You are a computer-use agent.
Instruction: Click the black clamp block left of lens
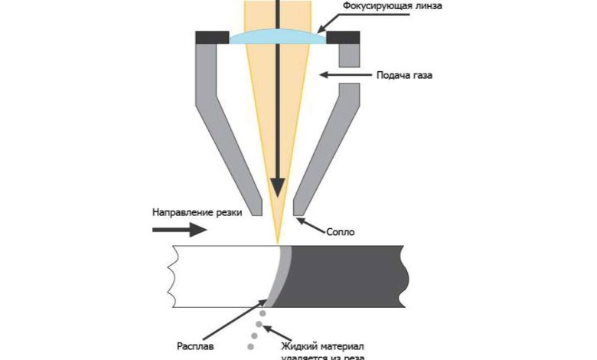coord(211,38)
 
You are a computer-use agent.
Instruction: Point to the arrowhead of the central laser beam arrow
coord(277,187)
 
